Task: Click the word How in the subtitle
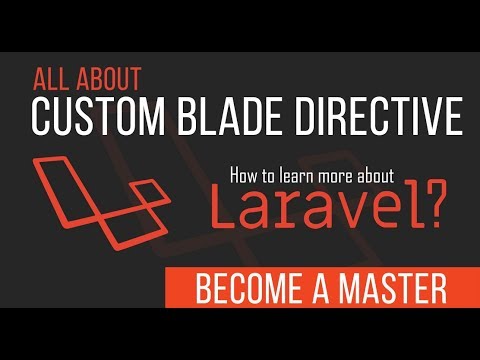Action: point(243,175)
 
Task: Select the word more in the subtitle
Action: point(342,175)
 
